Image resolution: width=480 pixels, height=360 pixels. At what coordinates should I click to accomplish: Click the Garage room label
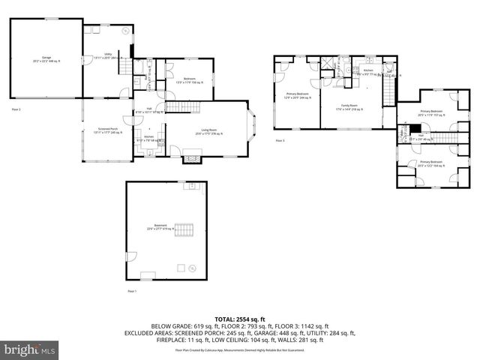point(46,58)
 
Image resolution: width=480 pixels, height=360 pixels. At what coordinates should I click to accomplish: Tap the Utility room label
point(107,55)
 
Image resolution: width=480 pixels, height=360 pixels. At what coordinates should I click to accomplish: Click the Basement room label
point(160,227)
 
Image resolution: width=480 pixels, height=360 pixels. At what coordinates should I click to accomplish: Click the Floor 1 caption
point(131,290)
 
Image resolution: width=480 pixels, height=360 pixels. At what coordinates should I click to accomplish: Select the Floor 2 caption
point(16,109)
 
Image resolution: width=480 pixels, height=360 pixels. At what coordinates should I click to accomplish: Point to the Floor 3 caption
point(280,140)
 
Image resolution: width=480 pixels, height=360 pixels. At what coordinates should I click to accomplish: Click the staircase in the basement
point(184,229)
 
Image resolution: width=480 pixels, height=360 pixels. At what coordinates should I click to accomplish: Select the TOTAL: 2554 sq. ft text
point(239,319)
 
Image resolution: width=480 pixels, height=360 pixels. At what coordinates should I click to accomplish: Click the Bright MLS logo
point(29,349)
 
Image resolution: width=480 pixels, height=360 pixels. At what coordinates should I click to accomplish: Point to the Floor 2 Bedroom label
point(190,79)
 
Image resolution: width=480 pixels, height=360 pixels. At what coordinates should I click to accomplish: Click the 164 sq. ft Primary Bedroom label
point(431,163)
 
